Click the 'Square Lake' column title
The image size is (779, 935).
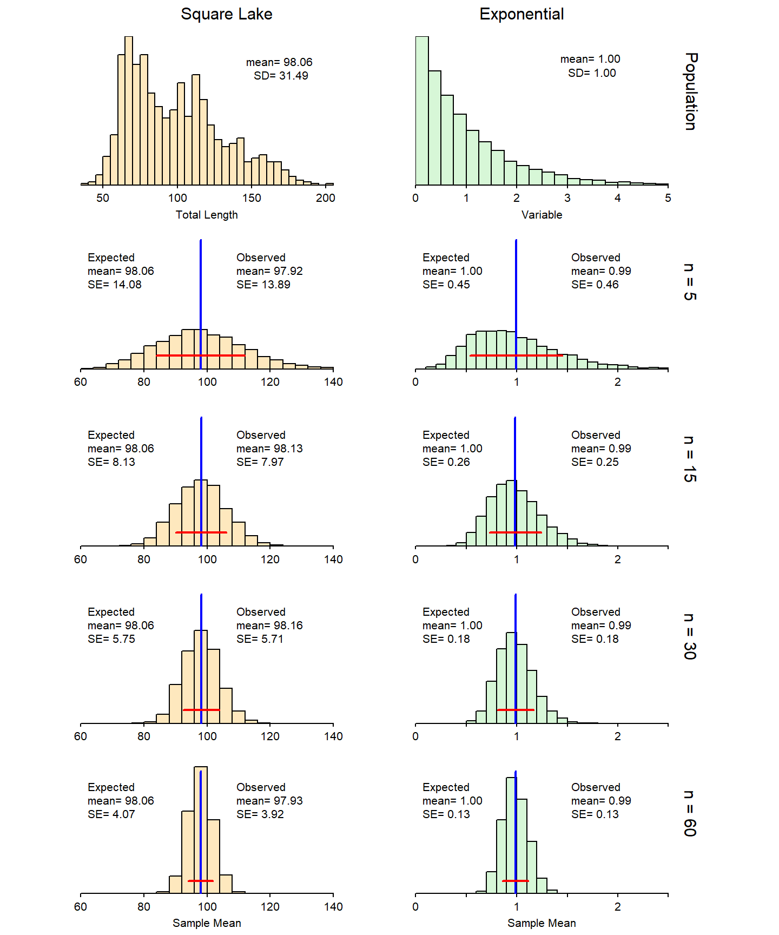(226, 14)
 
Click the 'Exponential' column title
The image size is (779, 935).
(521, 14)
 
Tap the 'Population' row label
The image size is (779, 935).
(690, 91)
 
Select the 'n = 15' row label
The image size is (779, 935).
(689, 459)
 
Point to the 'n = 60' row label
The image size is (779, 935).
(689, 813)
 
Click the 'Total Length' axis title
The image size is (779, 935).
(207, 215)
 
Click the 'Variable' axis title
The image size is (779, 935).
(542, 215)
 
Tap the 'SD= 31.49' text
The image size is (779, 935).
(281, 76)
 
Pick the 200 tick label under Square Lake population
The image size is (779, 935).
(326, 198)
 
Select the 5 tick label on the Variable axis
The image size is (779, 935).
(668, 198)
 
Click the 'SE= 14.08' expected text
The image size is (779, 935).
(115, 285)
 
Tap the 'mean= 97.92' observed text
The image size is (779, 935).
(269, 271)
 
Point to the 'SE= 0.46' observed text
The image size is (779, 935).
(595, 285)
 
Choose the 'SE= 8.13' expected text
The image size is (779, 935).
(111, 462)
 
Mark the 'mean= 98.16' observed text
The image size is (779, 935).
(269, 625)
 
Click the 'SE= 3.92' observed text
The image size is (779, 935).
(260, 814)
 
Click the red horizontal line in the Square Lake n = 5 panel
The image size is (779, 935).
(173, 355)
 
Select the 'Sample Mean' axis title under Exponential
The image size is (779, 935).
(542, 923)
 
